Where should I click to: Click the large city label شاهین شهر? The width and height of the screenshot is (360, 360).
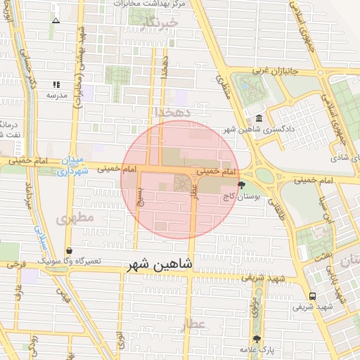click(x=159, y=265)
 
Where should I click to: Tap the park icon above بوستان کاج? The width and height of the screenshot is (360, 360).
click(x=242, y=186)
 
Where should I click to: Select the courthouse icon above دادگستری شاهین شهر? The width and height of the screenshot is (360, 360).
click(x=259, y=117)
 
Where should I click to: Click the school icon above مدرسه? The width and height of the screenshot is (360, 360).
click(x=56, y=84)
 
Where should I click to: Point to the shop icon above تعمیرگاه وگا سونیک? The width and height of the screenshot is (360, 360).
click(x=68, y=250)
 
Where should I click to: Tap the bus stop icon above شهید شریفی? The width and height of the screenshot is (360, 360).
click(x=312, y=296)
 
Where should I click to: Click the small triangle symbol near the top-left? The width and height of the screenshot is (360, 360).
click(x=56, y=20)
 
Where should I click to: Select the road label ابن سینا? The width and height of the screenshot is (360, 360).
click(x=325, y=210)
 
